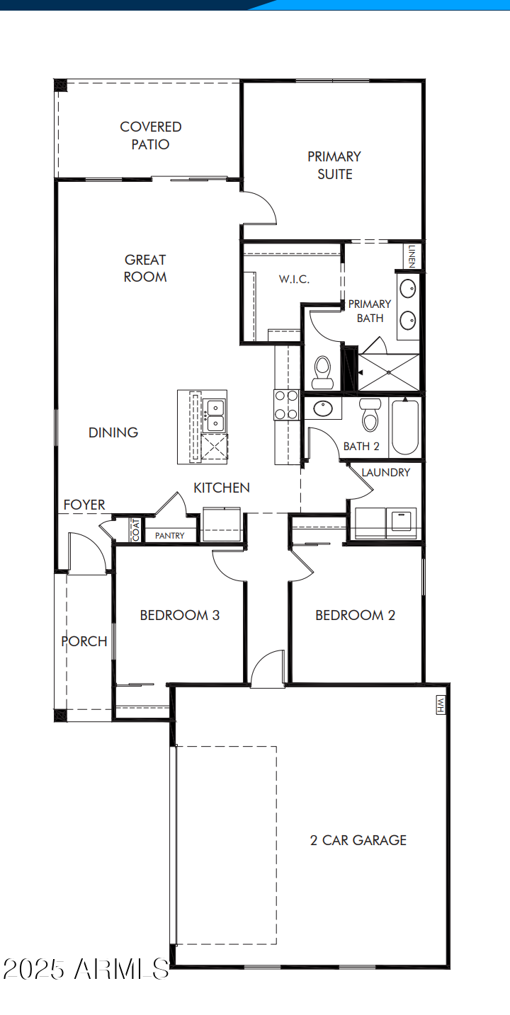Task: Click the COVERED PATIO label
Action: coord(150,135)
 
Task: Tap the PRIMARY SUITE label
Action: coord(334,166)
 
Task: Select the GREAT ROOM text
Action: coord(145,268)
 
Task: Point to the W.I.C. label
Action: coord(294,279)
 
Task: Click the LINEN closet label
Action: coord(412,256)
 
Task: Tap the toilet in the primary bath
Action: coord(323,372)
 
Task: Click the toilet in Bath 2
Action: coord(370,415)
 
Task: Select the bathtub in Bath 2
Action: coord(405,426)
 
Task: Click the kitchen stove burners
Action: coord(286,405)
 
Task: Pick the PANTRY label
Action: coord(169,536)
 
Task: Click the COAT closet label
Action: coord(136,529)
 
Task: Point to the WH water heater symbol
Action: coord(441,704)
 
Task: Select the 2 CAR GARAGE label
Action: coord(358,841)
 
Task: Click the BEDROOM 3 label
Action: coord(179,615)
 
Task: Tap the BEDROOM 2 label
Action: coord(355,615)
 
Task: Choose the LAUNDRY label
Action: coord(386,473)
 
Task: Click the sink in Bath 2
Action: coord(323,408)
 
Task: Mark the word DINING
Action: coord(113,432)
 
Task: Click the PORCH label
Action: coord(84,641)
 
